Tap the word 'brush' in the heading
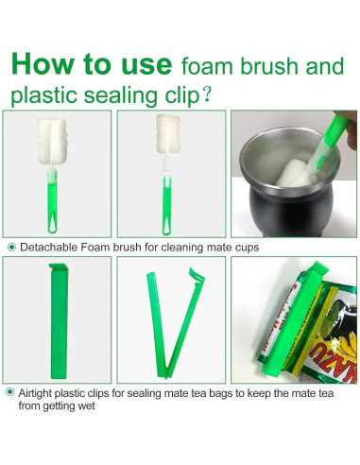(269, 66)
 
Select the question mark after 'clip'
(207, 95)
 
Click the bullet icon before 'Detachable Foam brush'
(11, 248)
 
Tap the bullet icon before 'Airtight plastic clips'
(10, 392)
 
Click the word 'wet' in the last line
(87, 405)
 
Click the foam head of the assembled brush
(52, 141)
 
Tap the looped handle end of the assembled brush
(52, 223)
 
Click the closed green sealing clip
(59, 321)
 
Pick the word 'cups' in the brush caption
(248, 248)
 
